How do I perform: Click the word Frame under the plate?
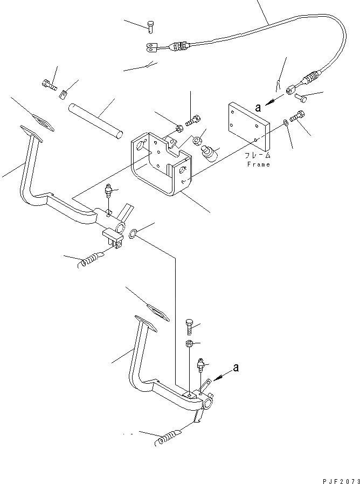[x=258, y=164]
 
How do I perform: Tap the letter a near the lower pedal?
[x=236, y=368]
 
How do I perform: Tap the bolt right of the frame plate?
[x=298, y=116]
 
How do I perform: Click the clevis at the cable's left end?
[x=153, y=47]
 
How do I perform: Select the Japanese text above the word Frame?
[x=258, y=155]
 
